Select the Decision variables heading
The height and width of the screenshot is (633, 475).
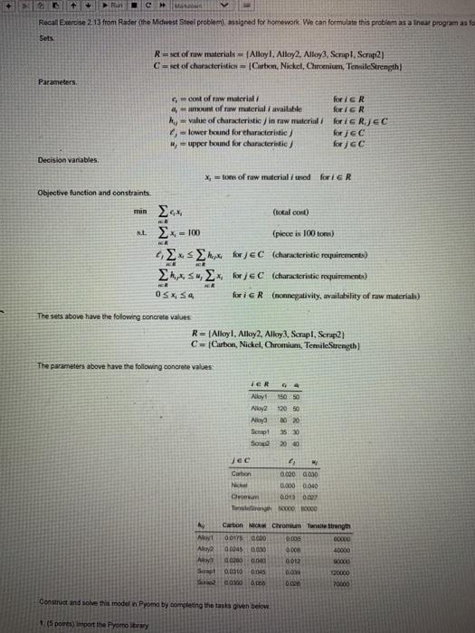pos(44,158)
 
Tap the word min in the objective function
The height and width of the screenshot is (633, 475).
pos(137,213)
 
